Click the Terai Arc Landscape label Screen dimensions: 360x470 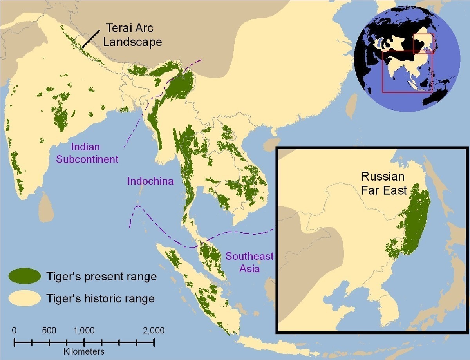pyautogui.click(x=132, y=35)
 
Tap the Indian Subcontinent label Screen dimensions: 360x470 pyautogui.click(x=87, y=153)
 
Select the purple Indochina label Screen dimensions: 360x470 pyautogui.click(x=150, y=181)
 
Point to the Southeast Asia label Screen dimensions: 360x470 pyautogui.click(x=249, y=262)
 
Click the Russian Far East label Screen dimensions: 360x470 pyautogui.click(x=383, y=183)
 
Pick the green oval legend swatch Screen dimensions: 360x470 pyautogui.click(x=25, y=276)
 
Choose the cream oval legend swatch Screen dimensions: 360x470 pyautogui.click(x=25, y=298)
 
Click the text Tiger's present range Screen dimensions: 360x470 pyautogui.click(x=101, y=276)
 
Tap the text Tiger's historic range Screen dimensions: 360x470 pyautogui.click(x=100, y=298)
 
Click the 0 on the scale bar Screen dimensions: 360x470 pyautogui.click(x=14, y=330)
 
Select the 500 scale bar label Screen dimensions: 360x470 pyautogui.click(x=49, y=330)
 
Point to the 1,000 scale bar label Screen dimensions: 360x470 pyautogui.click(x=83, y=330)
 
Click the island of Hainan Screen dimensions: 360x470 pyautogui.click(x=270, y=145)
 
